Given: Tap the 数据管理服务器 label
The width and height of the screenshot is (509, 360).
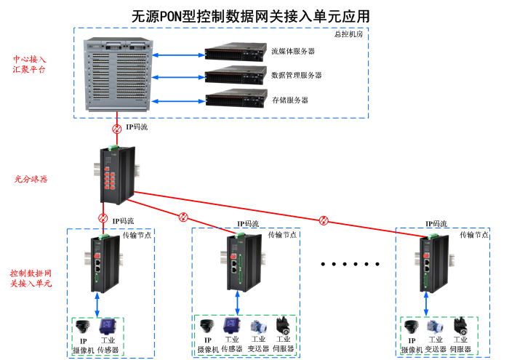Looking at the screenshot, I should click(296, 75).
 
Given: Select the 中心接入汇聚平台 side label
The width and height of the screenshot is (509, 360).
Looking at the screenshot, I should click(30, 64).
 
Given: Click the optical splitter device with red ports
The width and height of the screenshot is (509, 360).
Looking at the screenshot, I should click(116, 175).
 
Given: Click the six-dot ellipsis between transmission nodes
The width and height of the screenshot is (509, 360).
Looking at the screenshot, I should click(350, 264).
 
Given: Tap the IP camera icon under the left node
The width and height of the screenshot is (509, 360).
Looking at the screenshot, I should click(84, 327).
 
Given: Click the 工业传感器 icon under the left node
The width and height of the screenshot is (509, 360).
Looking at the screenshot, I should click(107, 327).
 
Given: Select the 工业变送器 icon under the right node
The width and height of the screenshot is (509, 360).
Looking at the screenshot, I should click(436, 327).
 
